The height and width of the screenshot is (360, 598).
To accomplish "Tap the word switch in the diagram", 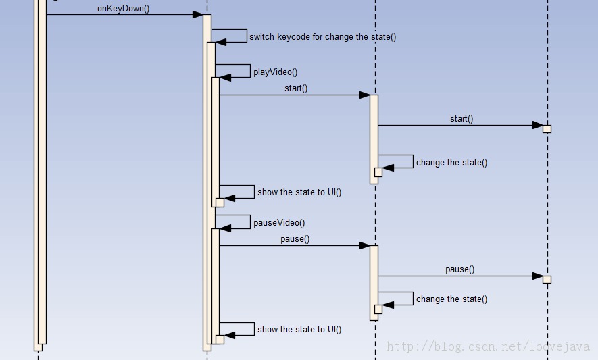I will pyautogui.click(x=261, y=37).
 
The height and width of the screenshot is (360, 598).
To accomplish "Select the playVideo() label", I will pyautogui.click(x=275, y=72).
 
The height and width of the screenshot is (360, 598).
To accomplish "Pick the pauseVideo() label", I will pyautogui.click(x=279, y=223).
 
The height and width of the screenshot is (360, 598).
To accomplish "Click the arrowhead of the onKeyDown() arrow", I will pyautogui.click(x=197, y=15).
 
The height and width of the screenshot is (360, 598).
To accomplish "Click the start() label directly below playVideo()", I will pyautogui.click(x=296, y=88).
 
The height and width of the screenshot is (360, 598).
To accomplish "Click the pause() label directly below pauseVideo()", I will pyautogui.click(x=295, y=239).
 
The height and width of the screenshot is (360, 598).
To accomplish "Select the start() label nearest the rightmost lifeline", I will pyautogui.click(x=462, y=119).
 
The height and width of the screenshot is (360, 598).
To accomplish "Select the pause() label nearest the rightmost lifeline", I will pyautogui.click(x=460, y=269).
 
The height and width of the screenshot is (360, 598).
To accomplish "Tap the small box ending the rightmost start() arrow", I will pyautogui.click(x=547, y=129).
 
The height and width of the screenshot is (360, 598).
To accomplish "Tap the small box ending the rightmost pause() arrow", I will pyautogui.click(x=547, y=280).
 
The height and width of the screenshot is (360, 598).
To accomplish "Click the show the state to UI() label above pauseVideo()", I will pyautogui.click(x=299, y=192).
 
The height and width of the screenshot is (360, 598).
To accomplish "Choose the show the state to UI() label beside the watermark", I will pyautogui.click(x=299, y=330).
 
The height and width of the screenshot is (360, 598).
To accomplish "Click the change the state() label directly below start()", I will pyautogui.click(x=451, y=163).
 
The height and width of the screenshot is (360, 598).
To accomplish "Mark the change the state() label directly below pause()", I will pyautogui.click(x=451, y=299).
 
